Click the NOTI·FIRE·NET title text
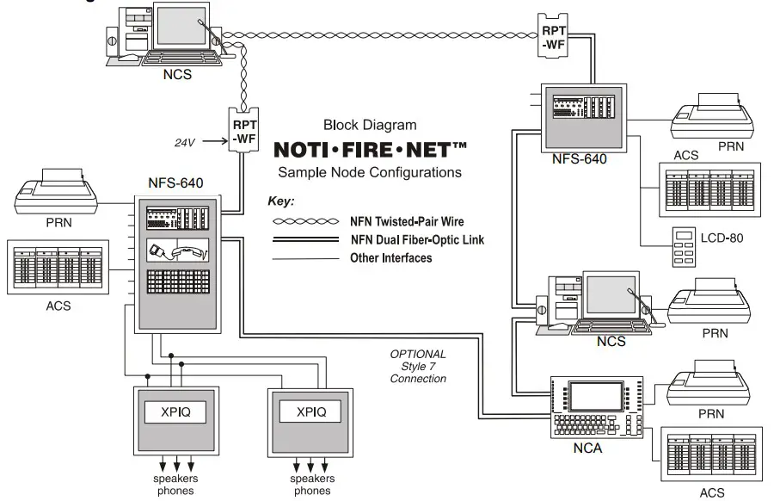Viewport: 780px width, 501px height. click(x=370, y=149)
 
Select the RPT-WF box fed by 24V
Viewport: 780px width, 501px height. click(x=243, y=130)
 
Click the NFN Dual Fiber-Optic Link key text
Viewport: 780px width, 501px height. click(x=417, y=239)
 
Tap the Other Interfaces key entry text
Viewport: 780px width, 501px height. click(x=391, y=257)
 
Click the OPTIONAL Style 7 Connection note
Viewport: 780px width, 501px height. click(x=418, y=366)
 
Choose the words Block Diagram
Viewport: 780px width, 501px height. click(x=370, y=125)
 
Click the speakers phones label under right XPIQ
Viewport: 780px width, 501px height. click(x=312, y=485)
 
